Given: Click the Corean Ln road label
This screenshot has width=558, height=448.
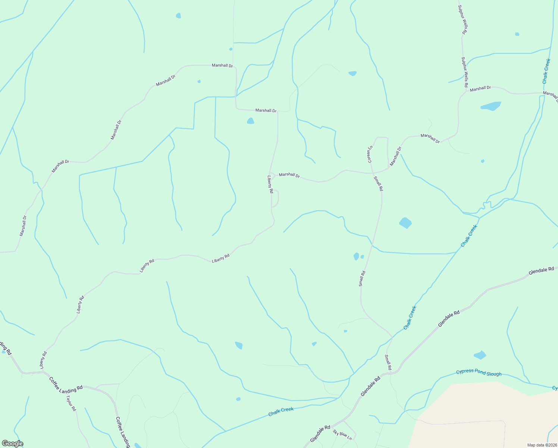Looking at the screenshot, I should point(370,154).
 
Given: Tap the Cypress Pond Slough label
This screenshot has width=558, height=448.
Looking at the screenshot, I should point(479,373).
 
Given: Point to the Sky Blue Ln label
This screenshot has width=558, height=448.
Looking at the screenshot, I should point(342,435).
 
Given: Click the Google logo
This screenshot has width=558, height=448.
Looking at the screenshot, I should point(12,444).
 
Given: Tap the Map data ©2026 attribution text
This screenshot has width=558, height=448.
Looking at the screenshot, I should point(542,445).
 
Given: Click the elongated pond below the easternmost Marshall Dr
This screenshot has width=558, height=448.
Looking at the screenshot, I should point(490,106).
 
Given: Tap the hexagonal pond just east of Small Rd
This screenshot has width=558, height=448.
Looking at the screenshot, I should point(405,223).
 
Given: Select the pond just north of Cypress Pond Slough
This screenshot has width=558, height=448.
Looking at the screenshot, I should point(480,355).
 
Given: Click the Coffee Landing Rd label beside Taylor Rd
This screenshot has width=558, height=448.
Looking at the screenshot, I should point(66,384).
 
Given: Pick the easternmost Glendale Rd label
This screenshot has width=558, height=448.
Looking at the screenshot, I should point(541,271).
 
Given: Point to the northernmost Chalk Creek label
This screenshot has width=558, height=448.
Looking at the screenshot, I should point(546,71).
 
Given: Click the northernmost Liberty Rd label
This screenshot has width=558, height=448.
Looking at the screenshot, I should point(270,184).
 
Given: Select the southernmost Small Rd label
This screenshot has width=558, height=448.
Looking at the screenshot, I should point(388,362).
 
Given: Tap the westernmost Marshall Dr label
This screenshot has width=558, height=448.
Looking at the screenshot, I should point(23,225).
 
